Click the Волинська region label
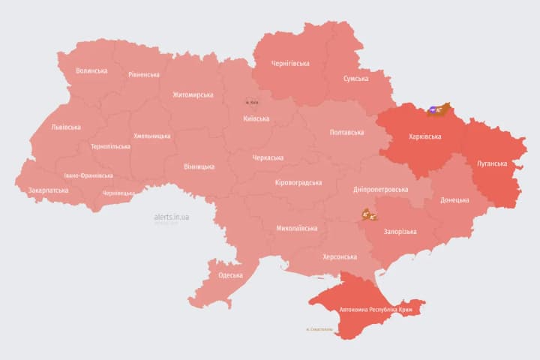coord(91,71)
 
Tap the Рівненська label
coord(144,75)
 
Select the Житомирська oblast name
coord(193,95)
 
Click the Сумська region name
coord(355,79)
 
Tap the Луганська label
coord(491,163)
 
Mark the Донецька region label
coord(454,200)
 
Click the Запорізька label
coord(400,232)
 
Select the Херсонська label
coord(339,256)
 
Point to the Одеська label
coord(230,275)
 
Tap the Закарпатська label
coord(48,190)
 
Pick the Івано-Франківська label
coord(88,175)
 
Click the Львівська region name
coord(66,127)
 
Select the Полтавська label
coord(346,133)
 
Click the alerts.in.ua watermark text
coord(172,217)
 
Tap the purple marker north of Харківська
coord(433,110)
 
